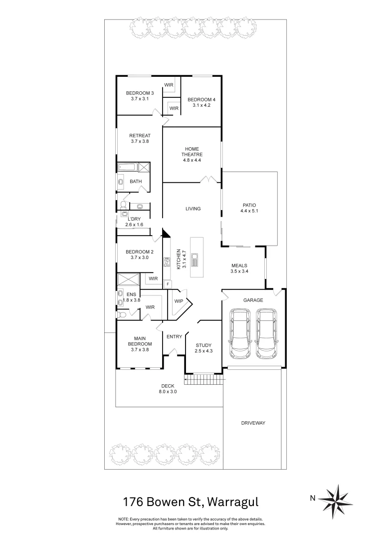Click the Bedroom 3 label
(140, 93)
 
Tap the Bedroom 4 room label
(199, 100)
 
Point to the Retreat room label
(140, 136)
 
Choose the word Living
(193, 209)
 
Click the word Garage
(253, 300)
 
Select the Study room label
(203, 345)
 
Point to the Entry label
(174, 337)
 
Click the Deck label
(168, 386)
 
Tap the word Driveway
(253, 423)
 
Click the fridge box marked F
(168, 284)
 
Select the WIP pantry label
(179, 301)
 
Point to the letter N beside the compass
(313, 498)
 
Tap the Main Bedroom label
(140, 341)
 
